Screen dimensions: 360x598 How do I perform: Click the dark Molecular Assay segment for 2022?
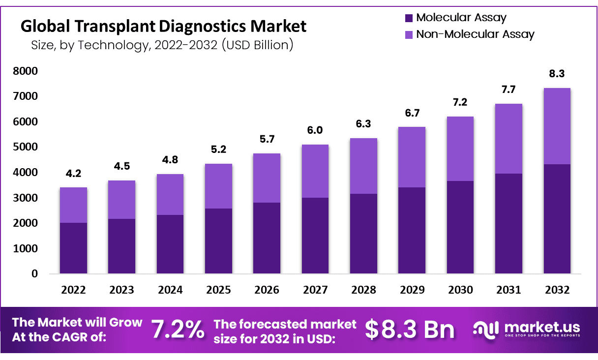click(x=73, y=248)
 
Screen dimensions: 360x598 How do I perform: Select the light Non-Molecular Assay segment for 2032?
click(x=557, y=126)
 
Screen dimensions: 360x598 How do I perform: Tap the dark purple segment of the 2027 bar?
click(x=315, y=235)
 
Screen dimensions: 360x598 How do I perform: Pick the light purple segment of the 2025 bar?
click(x=218, y=186)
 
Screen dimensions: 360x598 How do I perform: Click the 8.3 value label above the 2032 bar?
click(x=557, y=74)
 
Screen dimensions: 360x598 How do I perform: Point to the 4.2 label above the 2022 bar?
click(x=73, y=173)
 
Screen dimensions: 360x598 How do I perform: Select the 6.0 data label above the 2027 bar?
click(x=315, y=130)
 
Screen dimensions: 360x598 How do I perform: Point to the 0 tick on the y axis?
click(x=34, y=274)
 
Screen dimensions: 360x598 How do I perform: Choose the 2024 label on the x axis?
click(x=170, y=290)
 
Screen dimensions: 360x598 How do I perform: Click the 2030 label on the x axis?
click(x=460, y=290)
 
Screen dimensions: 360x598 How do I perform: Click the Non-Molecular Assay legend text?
click(x=475, y=34)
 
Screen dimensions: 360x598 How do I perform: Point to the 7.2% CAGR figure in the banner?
click(x=178, y=329)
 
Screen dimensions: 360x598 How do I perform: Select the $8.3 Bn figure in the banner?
click(x=410, y=329)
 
